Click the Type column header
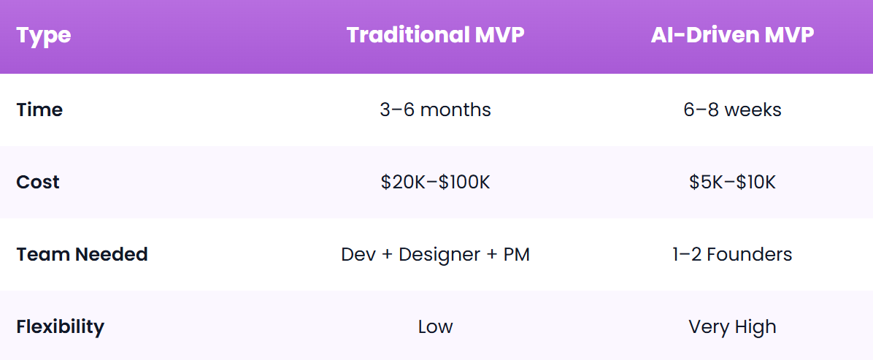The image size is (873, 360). click(x=44, y=35)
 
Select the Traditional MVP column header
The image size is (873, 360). click(x=435, y=35)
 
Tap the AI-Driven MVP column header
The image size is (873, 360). click(x=732, y=35)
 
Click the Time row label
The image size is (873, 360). click(x=39, y=110)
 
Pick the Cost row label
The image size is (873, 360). click(x=38, y=182)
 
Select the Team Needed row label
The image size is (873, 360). click(x=82, y=254)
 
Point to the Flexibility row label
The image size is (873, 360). click(x=60, y=326)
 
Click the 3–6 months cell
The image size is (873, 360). click(x=435, y=110)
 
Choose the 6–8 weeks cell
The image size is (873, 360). click(x=732, y=110)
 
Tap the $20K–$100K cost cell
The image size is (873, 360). click(x=435, y=182)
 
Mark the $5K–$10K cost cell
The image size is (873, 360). click(x=732, y=182)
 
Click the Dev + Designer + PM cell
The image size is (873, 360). click(x=435, y=254)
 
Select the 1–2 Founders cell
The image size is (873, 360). click(x=732, y=254)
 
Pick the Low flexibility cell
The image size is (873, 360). click(x=435, y=326)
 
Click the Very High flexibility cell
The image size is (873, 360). click(x=732, y=326)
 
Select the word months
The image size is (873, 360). click(x=455, y=110)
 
